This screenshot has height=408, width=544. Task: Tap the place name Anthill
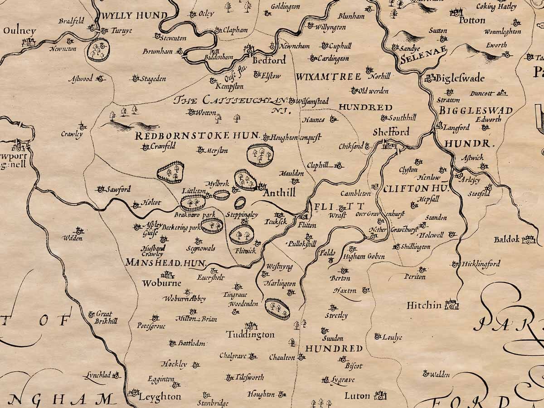tap(279, 193)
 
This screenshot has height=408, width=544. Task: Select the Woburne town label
tap(161, 283)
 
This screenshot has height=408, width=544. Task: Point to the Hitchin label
tap(424, 305)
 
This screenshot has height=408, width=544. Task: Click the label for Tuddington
tap(250, 335)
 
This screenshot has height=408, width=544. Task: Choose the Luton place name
tap(357, 396)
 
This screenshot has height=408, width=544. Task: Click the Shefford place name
tap(391, 132)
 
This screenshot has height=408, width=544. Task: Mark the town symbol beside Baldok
tap(529, 239)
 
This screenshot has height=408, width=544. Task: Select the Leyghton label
tap(160, 397)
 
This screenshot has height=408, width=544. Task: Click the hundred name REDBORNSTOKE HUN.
tap(197, 136)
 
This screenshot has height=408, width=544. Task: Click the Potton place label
tap(471, 20)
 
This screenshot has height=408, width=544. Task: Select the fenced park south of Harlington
tap(277, 309)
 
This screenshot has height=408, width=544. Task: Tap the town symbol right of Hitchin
tap(452, 305)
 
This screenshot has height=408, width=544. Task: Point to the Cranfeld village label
tap(163, 146)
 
